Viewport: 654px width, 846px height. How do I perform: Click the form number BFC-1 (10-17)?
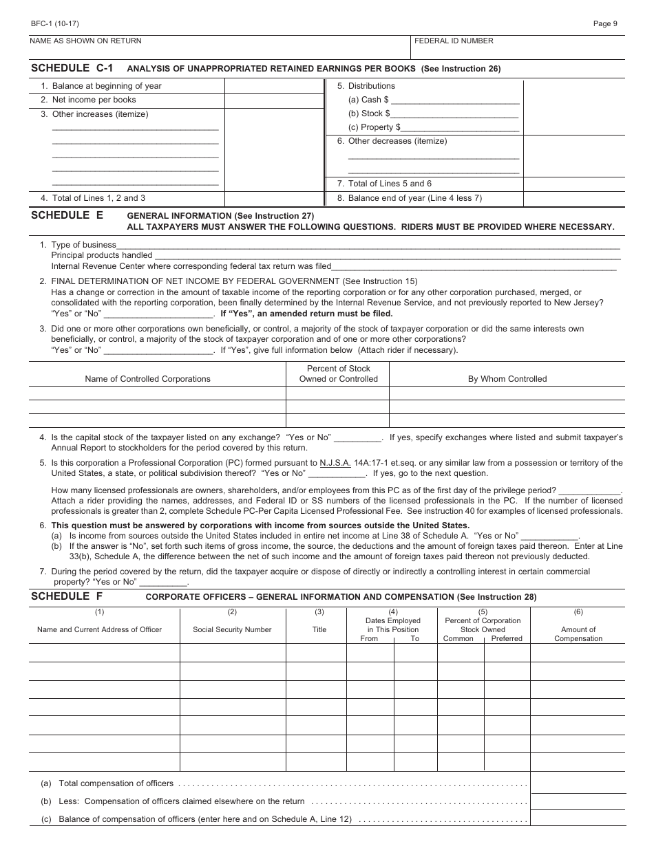(x=50, y=23)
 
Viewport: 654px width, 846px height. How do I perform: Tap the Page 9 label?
(x=605, y=23)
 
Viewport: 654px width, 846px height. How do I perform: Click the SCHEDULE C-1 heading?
(x=72, y=68)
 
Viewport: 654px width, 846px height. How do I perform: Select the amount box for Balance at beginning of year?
(x=274, y=86)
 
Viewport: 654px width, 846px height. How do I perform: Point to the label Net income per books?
(x=94, y=100)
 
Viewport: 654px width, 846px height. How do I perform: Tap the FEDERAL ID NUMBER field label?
(x=454, y=41)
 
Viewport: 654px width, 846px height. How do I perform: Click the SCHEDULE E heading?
(x=67, y=215)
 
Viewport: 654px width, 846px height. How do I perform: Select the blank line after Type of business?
(x=368, y=245)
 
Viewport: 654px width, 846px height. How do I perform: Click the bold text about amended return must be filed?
(x=306, y=314)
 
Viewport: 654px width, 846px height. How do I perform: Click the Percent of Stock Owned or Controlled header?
(x=338, y=373)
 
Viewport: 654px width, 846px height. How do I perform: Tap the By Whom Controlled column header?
(x=507, y=379)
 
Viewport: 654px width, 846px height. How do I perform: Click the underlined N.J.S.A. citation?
(x=335, y=463)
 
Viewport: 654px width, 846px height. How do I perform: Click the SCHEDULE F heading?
(x=67, y=596)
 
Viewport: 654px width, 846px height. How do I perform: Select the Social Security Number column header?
(x=232, y=629)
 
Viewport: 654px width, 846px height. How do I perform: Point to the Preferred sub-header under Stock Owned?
(x=507, y=638)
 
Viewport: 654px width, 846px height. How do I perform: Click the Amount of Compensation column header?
(x=578, y=633)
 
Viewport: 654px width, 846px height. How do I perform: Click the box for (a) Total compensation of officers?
(x=578, y=783)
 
